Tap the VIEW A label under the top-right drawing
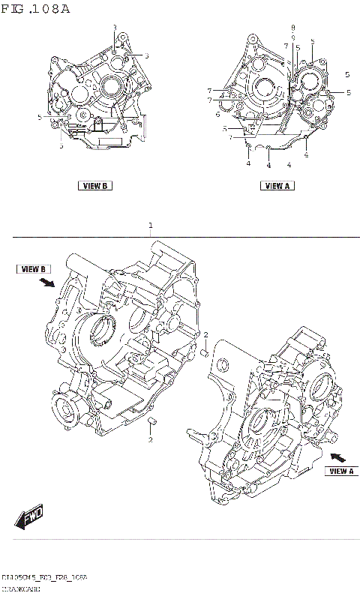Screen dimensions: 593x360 pos(276,185)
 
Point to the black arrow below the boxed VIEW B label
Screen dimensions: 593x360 pos(47,283)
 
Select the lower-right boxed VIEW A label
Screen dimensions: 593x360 pos(340,471)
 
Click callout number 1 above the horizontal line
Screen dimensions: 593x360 pos(151,225)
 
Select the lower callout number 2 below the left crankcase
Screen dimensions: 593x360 pos(150,439)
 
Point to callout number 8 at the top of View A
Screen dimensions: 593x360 pos(293,28)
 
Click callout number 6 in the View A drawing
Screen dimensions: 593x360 pos(217,115)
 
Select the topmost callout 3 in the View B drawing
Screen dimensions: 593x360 pos(115,28)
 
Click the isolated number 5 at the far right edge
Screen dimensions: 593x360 pos(347,74)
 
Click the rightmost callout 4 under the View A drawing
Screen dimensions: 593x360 pos(306,154)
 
